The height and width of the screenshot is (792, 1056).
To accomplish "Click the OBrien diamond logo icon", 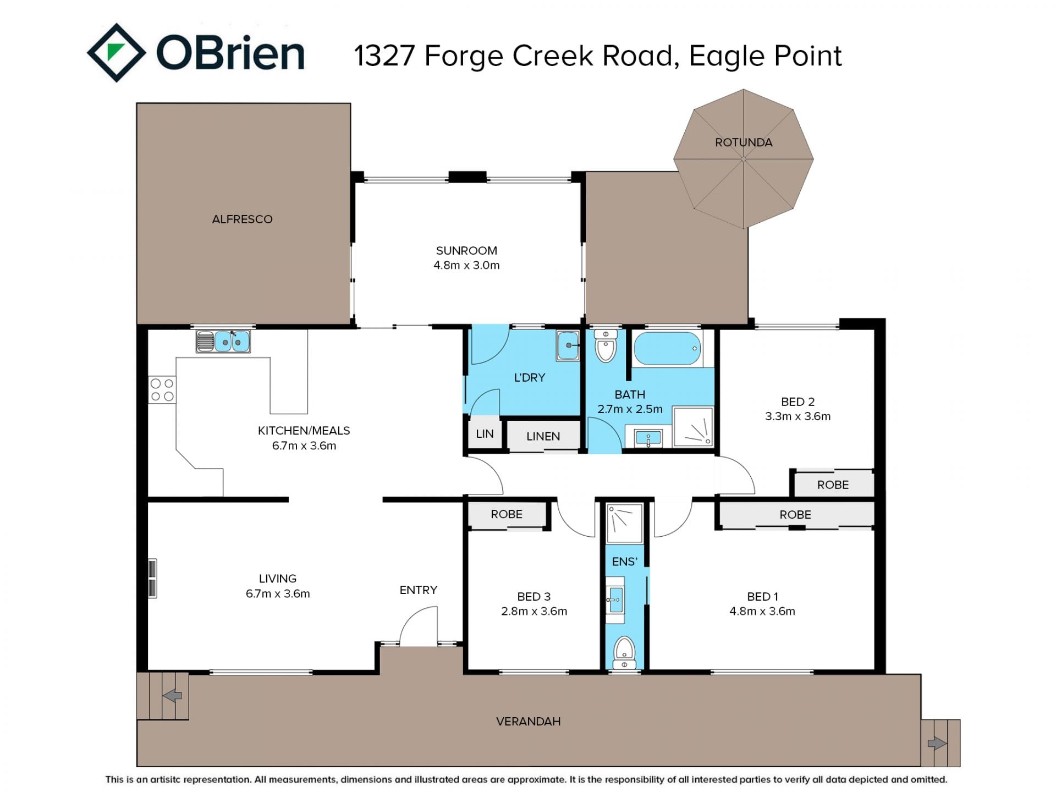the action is tap(116, 53).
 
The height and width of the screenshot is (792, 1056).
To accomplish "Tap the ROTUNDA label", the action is tap(744, 142).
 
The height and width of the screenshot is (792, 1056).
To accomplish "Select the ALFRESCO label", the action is tap(242, 219).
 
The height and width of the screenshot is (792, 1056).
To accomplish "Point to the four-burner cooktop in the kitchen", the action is tap(162, 390).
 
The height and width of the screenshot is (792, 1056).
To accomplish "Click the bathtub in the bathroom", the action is tap(667, 348).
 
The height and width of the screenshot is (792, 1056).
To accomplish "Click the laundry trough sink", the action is tap(568, 345).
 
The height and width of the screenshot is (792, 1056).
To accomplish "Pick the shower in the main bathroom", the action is tap(693, 427).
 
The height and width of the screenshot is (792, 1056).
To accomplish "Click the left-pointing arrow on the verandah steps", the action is tap(172, 696).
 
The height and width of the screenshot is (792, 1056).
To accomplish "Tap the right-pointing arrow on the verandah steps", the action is tap(937, 744).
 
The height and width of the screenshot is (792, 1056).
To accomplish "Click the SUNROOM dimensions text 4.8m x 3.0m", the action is tap(466, 265).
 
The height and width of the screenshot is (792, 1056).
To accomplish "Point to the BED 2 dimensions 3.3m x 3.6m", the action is tap(798, 416).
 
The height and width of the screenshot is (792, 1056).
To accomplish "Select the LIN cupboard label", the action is tap(485, 434).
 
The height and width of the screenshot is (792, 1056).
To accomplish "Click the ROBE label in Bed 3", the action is tap(507, 514).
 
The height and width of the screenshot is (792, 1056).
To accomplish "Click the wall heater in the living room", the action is tap(152, 578).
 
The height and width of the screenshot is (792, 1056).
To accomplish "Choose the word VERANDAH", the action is tap(529, 722).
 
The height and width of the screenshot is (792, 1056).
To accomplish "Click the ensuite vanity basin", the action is tap(615, 599).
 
